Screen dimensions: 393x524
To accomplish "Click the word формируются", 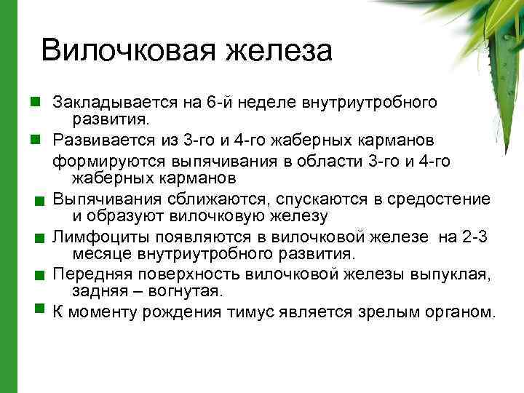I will point(101,159).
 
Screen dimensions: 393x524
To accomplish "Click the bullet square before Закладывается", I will point(33,101).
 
